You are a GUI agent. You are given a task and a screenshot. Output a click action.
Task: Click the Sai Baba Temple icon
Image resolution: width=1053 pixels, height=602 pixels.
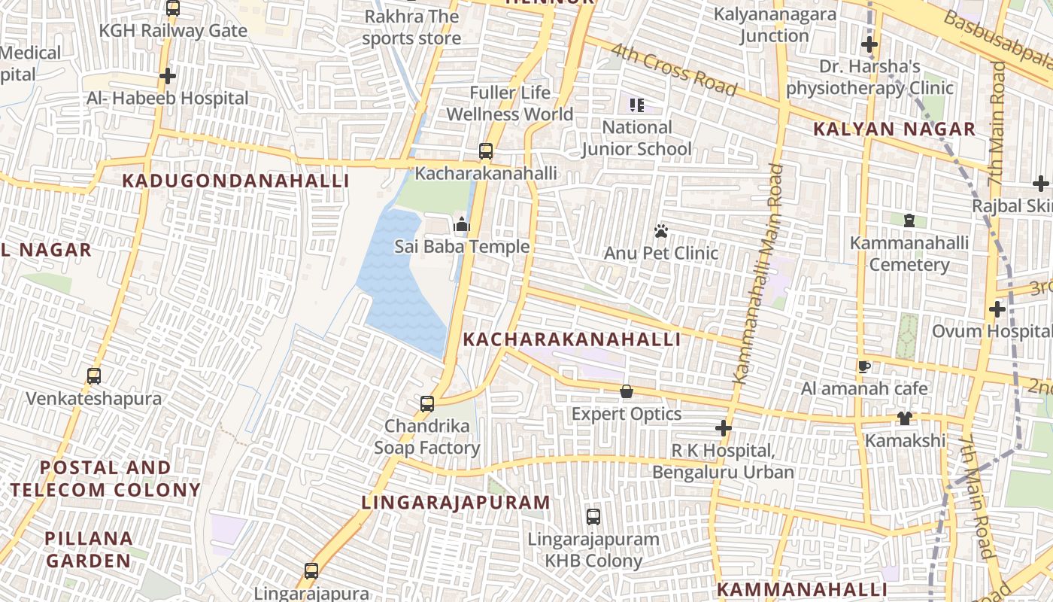462,224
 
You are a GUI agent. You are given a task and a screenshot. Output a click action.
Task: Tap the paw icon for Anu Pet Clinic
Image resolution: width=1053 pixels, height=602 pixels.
661,231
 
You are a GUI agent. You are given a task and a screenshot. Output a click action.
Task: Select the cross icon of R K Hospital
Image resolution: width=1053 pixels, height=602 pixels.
724,428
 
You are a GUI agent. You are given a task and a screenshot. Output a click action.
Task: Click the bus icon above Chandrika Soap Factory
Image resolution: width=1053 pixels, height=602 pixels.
427,403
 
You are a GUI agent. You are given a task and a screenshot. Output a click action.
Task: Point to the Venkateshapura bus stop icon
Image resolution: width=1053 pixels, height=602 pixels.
94,375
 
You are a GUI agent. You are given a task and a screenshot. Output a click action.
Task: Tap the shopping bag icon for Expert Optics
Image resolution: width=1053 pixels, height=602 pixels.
626,391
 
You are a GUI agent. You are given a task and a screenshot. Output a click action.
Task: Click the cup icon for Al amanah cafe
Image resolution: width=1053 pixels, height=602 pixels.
864,366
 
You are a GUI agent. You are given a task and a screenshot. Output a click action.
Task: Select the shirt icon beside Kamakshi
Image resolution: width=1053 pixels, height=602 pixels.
905,418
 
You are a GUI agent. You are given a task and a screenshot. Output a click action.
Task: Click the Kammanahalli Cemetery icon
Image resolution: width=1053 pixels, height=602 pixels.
909,220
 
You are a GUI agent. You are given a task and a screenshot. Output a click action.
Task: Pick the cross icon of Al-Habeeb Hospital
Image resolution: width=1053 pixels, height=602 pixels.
168,76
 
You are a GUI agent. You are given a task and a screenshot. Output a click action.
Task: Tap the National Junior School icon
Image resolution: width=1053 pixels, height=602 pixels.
637,105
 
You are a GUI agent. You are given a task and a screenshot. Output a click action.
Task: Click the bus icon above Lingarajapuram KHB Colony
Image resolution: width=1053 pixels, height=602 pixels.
593,517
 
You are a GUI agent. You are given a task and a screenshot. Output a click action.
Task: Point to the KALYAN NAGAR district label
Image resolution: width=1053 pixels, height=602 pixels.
894,129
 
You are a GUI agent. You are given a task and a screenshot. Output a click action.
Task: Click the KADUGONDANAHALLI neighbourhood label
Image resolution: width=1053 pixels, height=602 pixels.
235,181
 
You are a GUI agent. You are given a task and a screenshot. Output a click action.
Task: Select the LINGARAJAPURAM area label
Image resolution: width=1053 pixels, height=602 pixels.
456,502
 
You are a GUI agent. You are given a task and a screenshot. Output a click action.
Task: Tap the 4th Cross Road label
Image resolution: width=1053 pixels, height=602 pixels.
674,70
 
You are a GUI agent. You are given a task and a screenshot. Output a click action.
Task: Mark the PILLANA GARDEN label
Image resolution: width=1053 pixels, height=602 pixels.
88,549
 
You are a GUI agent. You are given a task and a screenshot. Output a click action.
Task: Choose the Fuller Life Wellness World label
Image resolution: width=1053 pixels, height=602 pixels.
510,104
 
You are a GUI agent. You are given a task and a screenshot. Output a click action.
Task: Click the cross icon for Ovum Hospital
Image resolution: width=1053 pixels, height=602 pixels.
997,309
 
